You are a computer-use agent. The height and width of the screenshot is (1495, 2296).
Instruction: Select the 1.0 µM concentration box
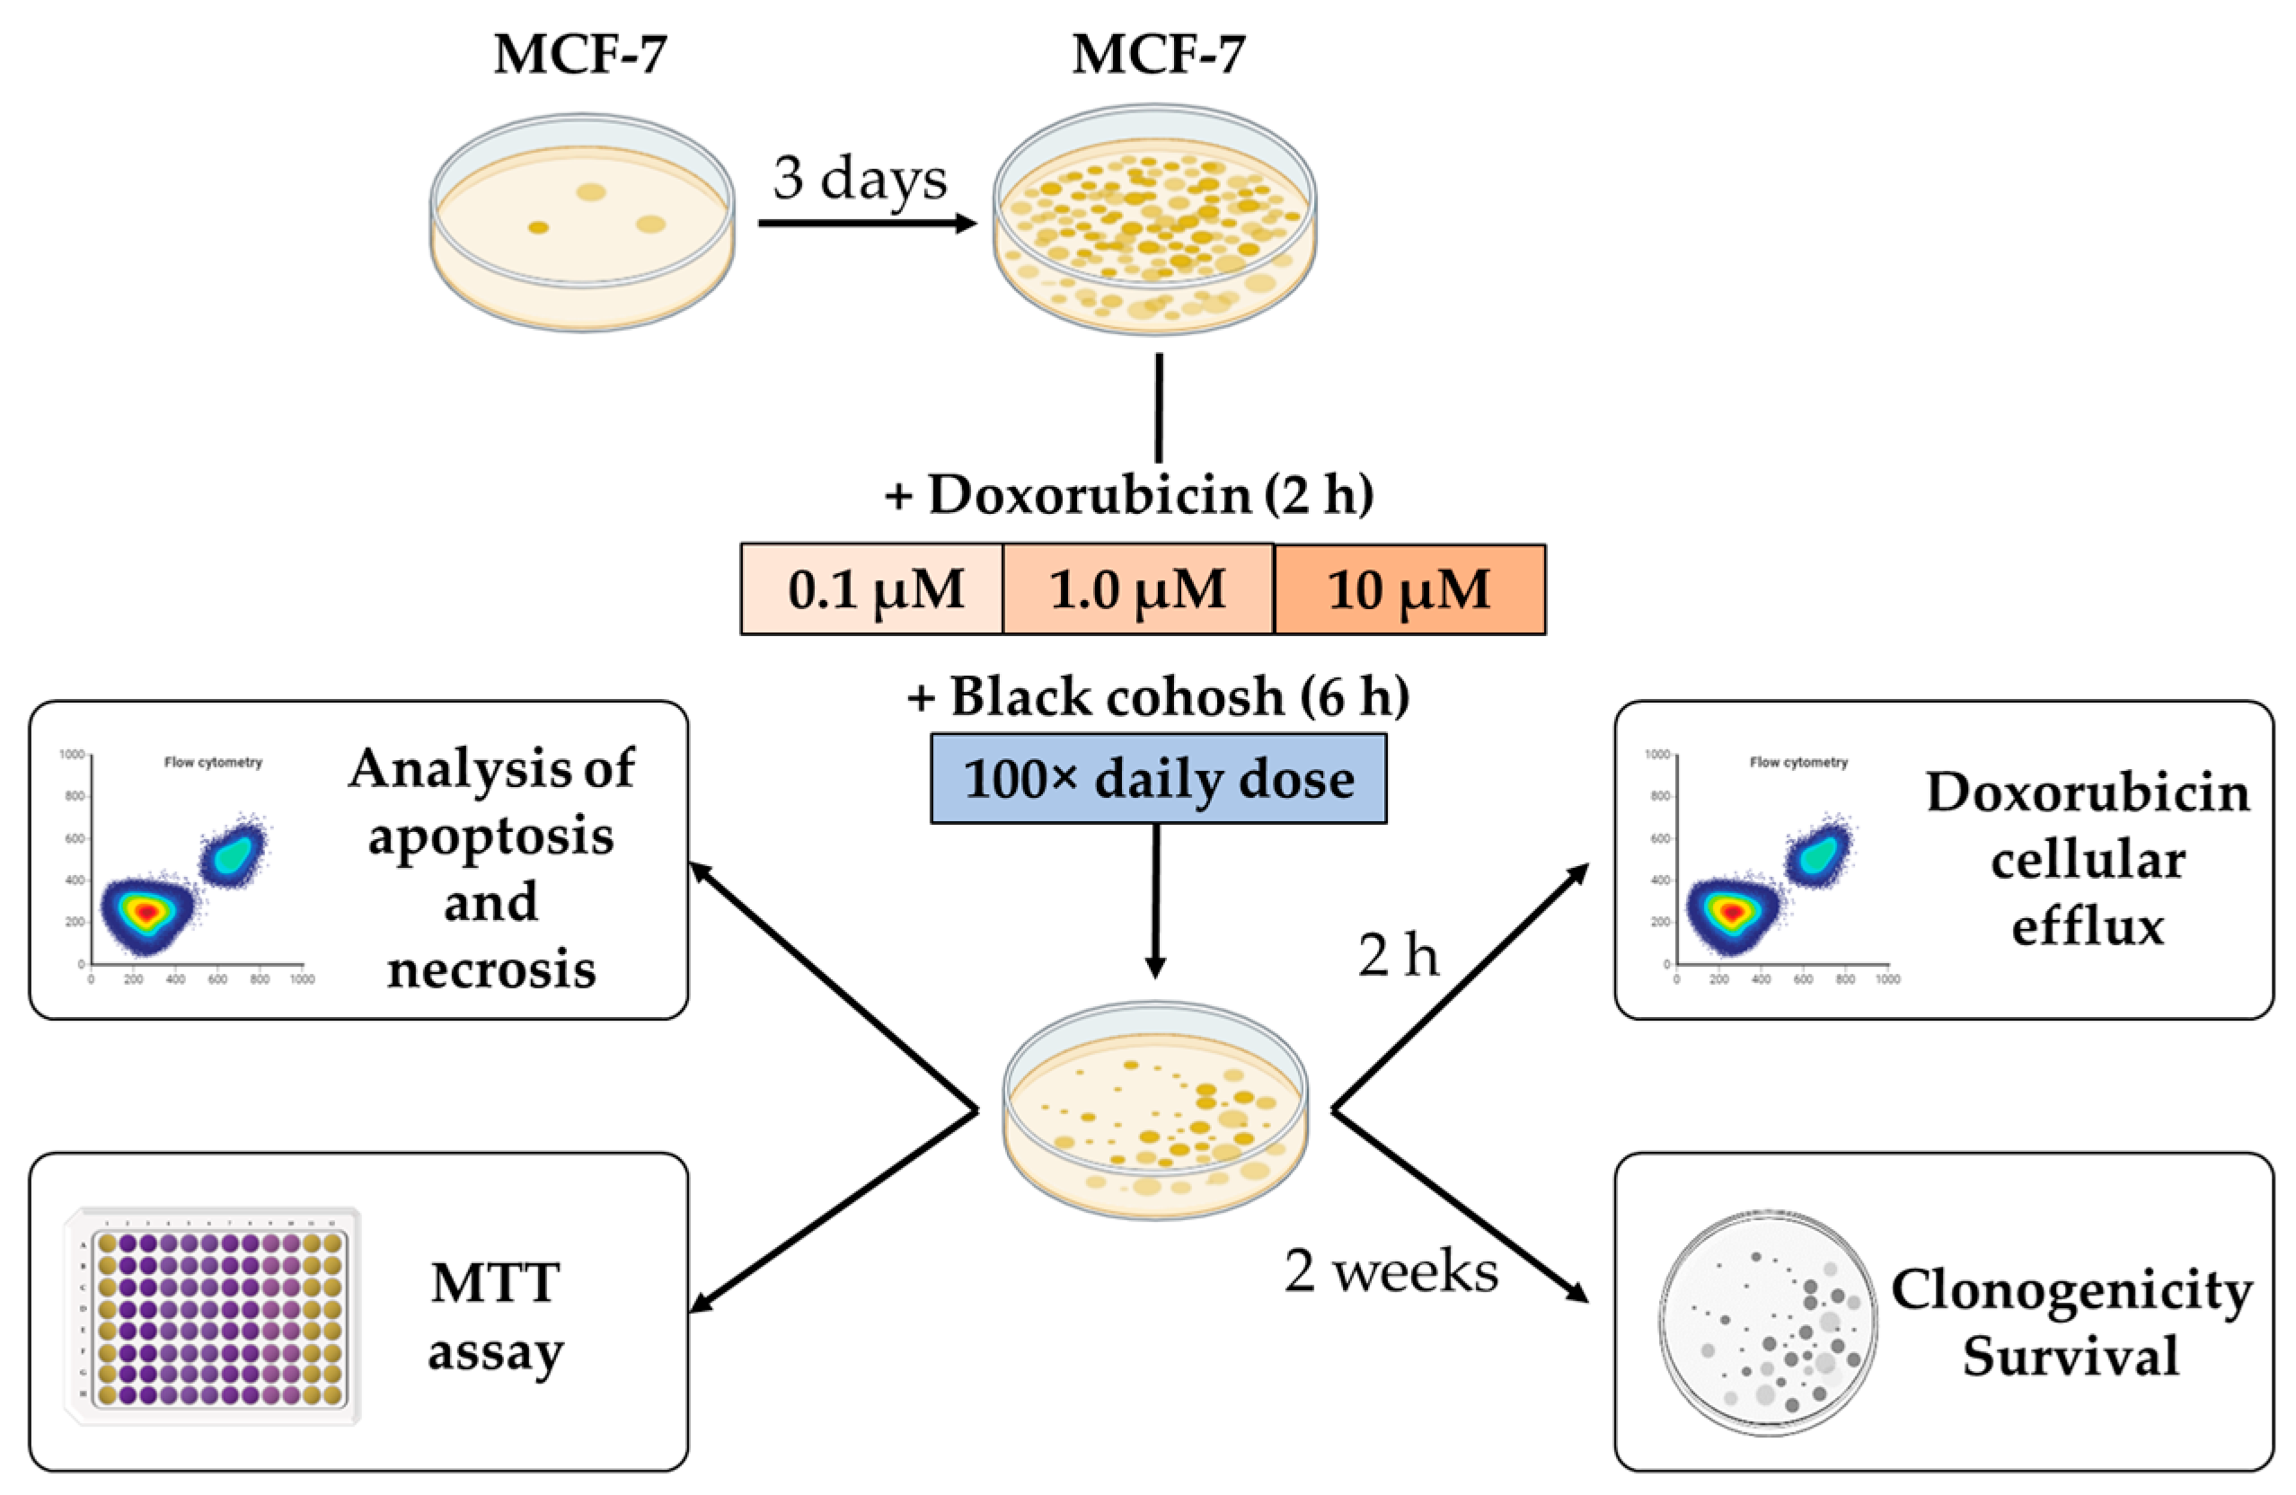click(x=1137, y=588)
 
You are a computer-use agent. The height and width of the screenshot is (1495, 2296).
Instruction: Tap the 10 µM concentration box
click(x=1409, y=588)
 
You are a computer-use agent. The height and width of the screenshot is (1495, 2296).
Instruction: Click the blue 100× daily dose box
click(x=1158, y=778)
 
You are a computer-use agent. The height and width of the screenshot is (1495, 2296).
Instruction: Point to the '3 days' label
click(x=860, y=179)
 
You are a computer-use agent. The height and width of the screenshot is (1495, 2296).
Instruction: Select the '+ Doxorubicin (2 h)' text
click(x=1130, y=494)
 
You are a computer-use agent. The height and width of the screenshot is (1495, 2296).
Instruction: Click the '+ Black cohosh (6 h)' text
click(x=1158, y=696)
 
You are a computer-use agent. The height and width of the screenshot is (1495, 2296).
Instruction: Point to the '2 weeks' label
click(x=1391, y=1271)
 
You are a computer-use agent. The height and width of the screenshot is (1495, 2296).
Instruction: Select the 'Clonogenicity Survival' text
click(x=2071, y=1322)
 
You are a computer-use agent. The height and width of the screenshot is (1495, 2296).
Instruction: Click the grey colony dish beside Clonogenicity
click(x=1769, y=1323)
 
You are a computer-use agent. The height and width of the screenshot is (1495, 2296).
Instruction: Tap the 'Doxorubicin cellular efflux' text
click(x=2087, y=859)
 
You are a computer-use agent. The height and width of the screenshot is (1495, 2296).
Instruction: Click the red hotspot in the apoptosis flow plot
click(x=146, y=910)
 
